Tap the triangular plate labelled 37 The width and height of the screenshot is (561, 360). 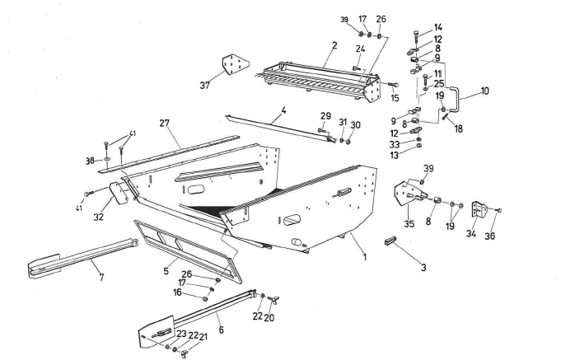(x=236, y=64)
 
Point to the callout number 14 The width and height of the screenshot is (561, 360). (x=438, y=27)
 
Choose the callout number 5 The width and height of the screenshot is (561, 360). (x=167, y=269)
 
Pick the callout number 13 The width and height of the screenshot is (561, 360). (x=418, y=157)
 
